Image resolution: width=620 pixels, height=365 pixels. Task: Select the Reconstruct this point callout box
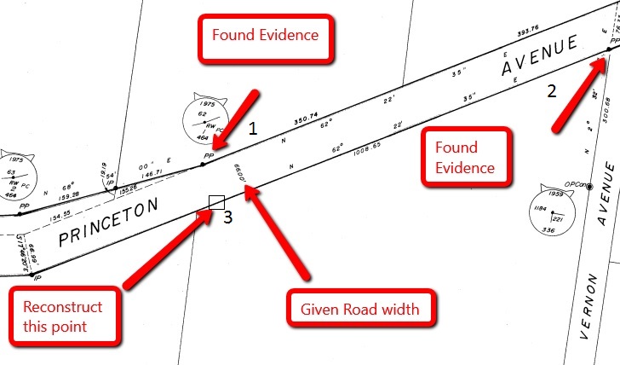point(64,316)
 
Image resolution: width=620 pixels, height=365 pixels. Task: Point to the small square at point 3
point(216,202)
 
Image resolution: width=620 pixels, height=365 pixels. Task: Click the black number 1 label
point(251,130)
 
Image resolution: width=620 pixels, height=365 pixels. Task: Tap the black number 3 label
point(228,217)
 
